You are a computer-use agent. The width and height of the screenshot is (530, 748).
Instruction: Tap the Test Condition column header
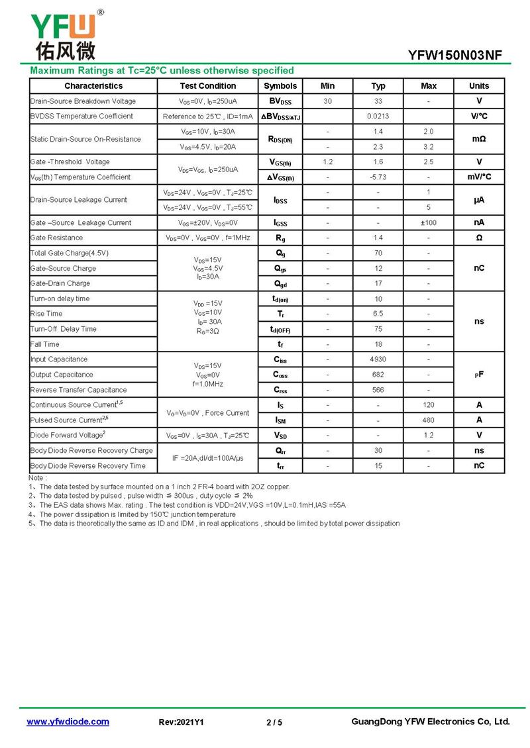(x=207, y=86)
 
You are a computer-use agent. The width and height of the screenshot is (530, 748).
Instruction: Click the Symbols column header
(x=280, y=86)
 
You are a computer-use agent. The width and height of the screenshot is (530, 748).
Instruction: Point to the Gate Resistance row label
(x=57, y=238)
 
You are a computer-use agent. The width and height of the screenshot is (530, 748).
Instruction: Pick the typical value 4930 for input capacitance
(x=378, y=359)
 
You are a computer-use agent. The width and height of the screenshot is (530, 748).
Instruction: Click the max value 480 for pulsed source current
(x=429, y=420)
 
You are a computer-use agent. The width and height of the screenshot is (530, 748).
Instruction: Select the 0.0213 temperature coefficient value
(x=378, y=117)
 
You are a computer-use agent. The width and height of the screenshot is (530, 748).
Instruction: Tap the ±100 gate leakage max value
(x=429, y=223)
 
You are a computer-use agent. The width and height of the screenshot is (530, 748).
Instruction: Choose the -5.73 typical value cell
(x=378, y=177)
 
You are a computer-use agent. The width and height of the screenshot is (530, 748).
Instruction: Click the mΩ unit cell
(x=479, y=139)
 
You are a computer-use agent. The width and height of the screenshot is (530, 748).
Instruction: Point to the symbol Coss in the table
(x=280, y=375)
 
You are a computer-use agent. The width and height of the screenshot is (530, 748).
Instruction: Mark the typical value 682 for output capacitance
(x=378, y=375)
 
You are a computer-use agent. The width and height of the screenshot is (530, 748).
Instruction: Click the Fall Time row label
(x=45, y=344)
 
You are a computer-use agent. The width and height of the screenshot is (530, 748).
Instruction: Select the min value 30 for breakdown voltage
(x=328, y=101)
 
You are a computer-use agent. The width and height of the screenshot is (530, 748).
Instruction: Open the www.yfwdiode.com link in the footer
(x=68, y=722)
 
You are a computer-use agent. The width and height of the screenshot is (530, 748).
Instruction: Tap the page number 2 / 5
(x=274, y=722)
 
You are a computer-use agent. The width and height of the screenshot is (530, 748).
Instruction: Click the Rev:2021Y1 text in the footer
(x=182, y=722)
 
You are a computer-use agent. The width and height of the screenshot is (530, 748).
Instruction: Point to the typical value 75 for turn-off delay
(x=378, y=329)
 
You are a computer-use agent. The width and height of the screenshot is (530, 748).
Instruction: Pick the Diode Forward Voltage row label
(x=67, y=435)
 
